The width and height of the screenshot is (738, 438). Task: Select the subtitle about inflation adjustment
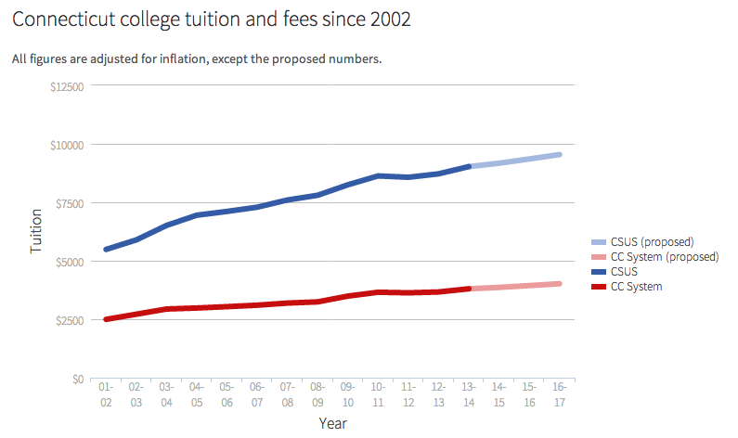tap(197, 59)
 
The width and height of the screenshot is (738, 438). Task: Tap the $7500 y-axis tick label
tap(69, 203)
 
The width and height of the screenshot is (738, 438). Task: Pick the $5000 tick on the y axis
tap(69, 262)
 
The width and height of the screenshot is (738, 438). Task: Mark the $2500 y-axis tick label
tap(69, 320)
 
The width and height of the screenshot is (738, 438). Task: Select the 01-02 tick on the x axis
tap(106, 394)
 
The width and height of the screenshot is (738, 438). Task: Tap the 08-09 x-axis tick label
tap(317, 394)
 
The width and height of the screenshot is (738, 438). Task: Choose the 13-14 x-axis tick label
tap(469, 394)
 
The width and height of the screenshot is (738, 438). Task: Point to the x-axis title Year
tap(333, 423)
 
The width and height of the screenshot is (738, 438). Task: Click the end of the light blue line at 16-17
tap(560, 154)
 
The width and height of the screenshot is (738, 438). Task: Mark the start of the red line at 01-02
tap(106, 319)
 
